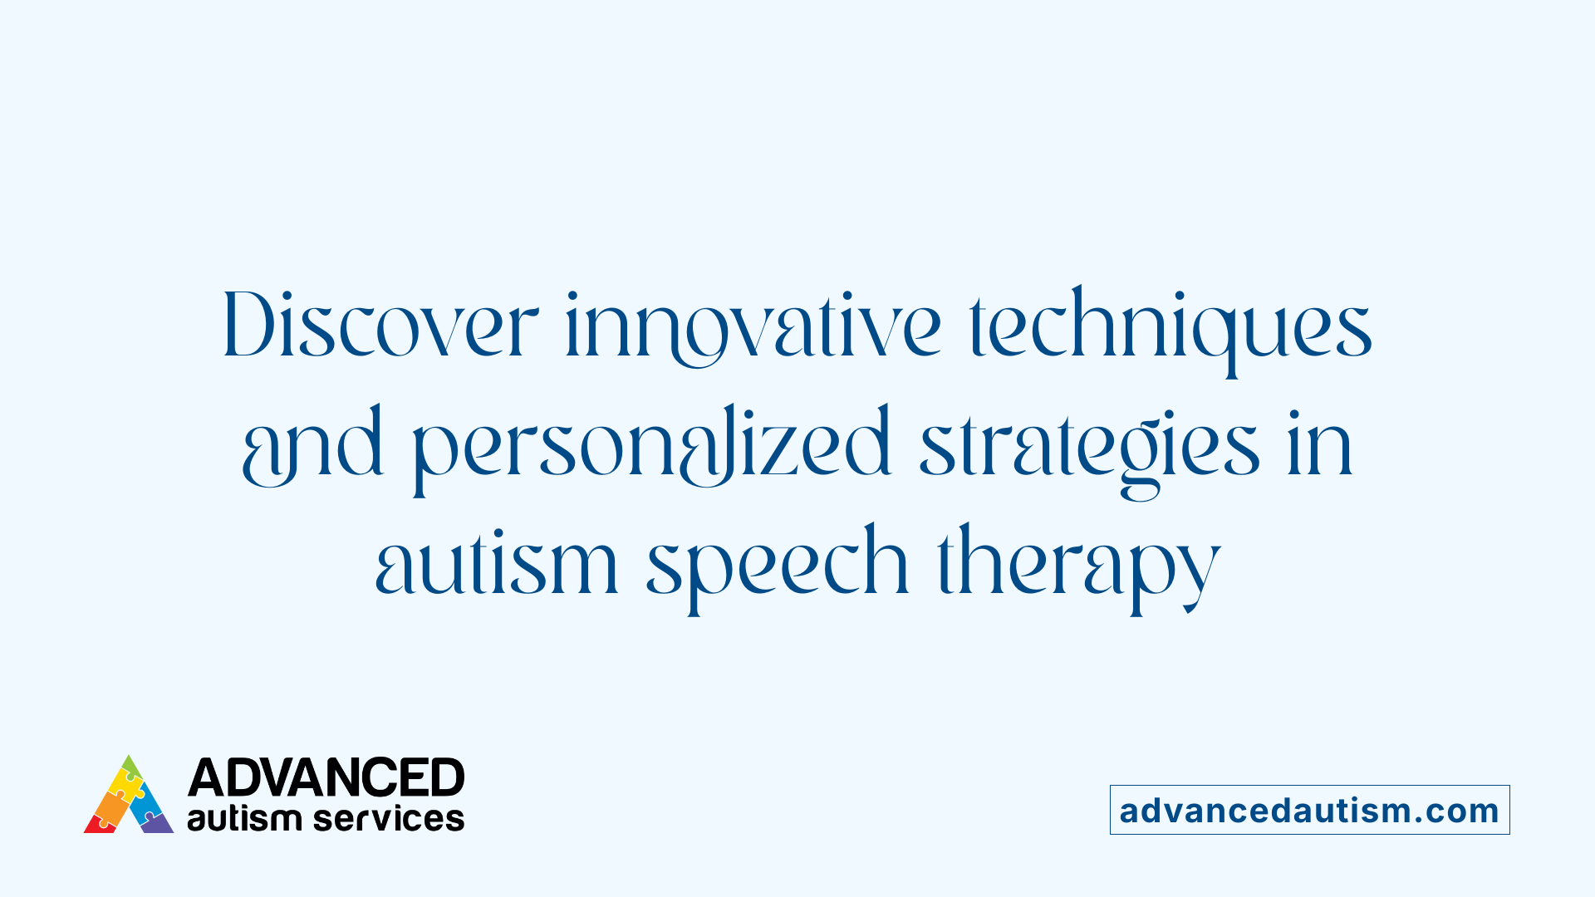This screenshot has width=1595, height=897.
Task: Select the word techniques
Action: [x=1170, y=327]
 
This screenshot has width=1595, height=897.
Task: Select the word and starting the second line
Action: [x=313, y=445]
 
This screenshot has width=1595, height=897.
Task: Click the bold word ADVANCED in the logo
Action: [x=326, y=777]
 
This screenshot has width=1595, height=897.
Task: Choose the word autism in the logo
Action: [x=243, y=819]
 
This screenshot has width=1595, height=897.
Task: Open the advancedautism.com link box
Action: [x=1309, y=810]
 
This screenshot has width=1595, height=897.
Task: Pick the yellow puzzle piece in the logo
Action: [x=126, y=784]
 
